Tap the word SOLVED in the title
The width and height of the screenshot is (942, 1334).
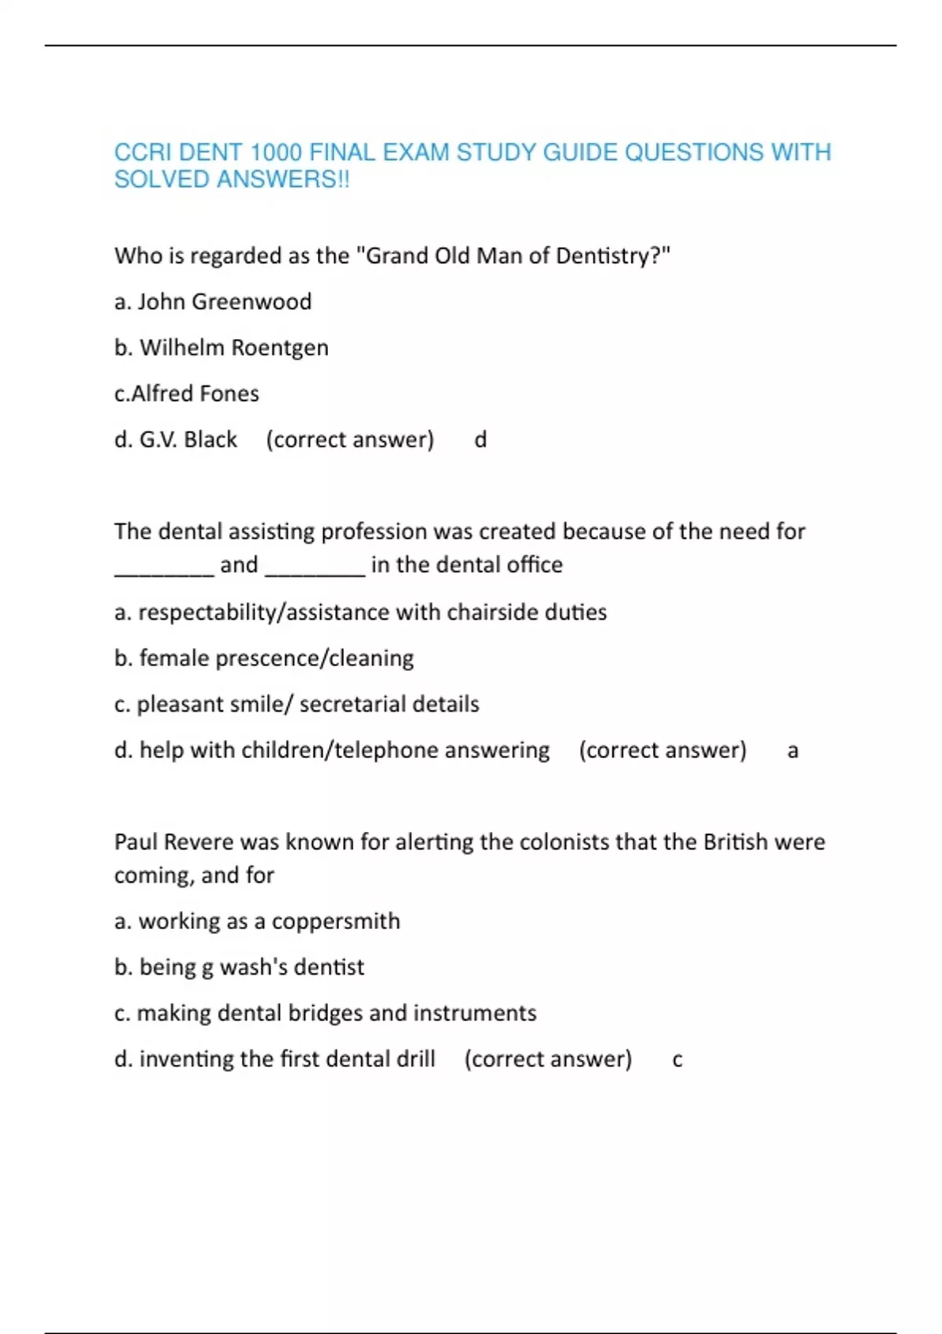tap(162, 180)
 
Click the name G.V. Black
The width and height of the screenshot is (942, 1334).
tap(188, 439)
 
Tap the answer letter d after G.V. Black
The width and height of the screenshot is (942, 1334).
tap(480, 439)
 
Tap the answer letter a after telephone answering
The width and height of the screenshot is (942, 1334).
tap(793, 751)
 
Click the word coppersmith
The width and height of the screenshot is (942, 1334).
tap(335, 921)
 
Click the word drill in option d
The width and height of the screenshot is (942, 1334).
tap(415, 1059)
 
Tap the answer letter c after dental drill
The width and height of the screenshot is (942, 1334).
tap(677, 1060)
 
